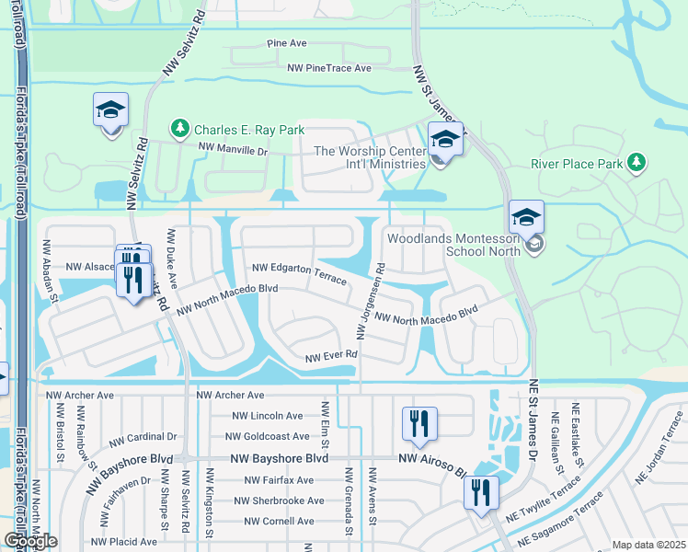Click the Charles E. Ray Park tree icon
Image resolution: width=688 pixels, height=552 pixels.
point(180,129)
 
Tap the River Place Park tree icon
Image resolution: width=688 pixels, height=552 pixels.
point(635,164)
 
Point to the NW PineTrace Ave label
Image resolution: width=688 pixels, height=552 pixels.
point(329,68)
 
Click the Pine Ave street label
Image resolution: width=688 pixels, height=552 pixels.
point(286,43)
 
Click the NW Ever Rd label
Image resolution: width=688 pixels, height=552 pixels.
point(331,356)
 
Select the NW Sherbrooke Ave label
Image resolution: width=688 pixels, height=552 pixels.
point(279,500)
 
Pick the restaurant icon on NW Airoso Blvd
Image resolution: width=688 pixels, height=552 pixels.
point(419,423)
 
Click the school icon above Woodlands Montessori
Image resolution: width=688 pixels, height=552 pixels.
point(526,217)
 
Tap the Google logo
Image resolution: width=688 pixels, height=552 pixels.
point(30,540)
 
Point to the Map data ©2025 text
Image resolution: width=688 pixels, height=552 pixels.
point(648,545)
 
